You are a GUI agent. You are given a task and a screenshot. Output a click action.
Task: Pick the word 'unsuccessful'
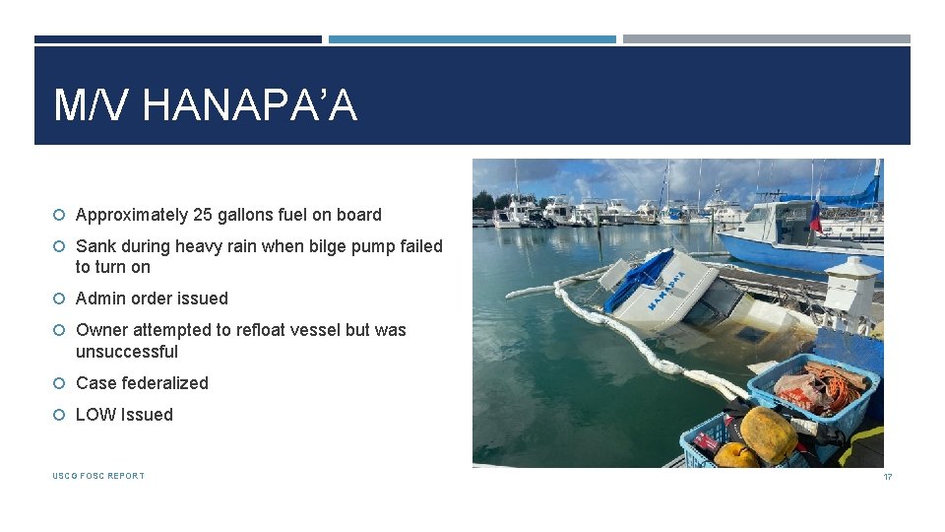coord(127,352)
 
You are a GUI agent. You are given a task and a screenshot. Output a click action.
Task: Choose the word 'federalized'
coord(164,383)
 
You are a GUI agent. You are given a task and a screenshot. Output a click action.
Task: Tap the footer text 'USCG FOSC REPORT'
coord(98,476)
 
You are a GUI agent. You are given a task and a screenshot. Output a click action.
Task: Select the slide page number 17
coord(887,477)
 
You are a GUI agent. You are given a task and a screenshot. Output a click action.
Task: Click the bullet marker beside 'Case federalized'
coord(60,383)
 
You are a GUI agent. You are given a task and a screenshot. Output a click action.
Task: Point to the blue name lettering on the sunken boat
coord(679,290)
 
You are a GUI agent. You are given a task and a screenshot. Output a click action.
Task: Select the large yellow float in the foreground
coord(767,434)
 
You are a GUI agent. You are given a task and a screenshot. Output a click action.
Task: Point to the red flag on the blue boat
coord(814,219)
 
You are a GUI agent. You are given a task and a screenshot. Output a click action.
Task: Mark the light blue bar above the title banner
coord(472,39)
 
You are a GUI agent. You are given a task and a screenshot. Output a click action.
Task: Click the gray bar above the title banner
coord(766,39)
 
